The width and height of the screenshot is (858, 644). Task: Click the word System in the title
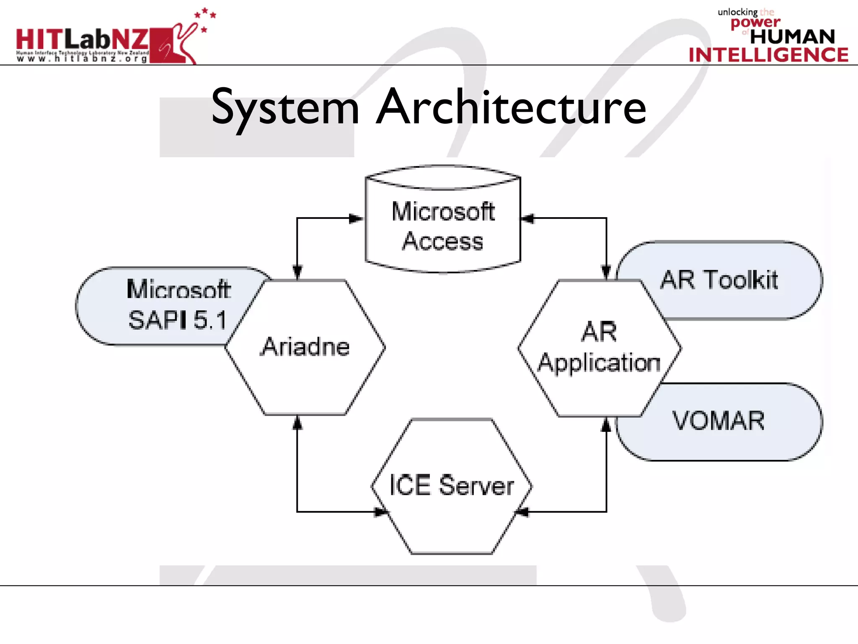[x=285, y=108]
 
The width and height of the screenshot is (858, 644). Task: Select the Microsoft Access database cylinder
[x=443, y=226]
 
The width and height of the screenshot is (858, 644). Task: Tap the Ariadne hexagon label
[x=305, y=347]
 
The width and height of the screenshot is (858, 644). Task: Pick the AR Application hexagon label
[x=599, y=347]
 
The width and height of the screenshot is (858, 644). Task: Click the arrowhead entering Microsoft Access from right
[x=528, y=218]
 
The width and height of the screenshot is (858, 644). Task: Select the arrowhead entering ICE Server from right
[x=522, y=512]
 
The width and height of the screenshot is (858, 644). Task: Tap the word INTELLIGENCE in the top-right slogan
[x=768, y=55]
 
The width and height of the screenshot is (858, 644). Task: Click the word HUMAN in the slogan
[x=792, y=37]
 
